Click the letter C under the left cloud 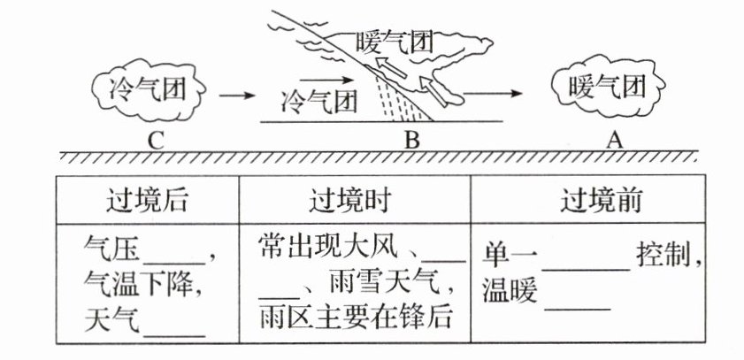pyautogui.click(x=156, y=138)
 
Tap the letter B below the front pyautogui.click(x=410, y=139)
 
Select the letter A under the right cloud pyautogui.click(x=614, y=139)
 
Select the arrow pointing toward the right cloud pyautogui.click(x=491, y=91)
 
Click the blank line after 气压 pyautogui.click(x=180, y=259)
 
